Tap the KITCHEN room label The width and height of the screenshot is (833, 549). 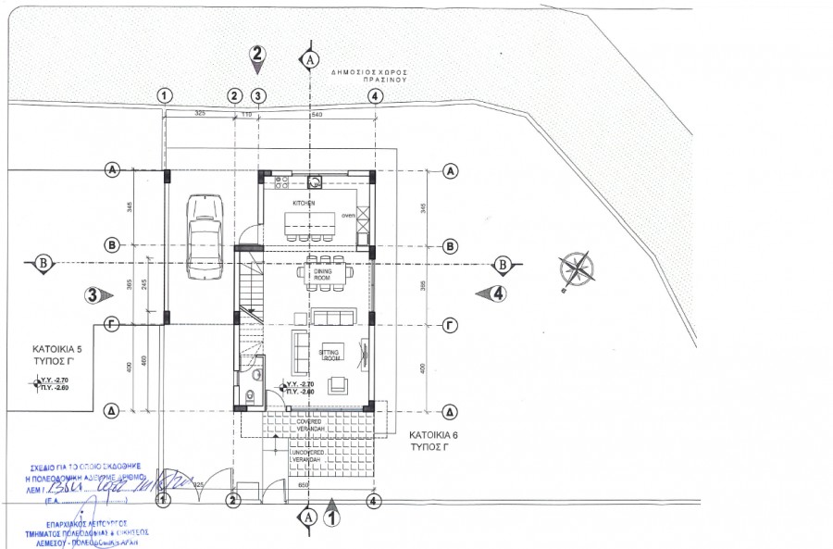click(x=305, y=203)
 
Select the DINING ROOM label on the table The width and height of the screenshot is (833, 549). click(x=321, y=274)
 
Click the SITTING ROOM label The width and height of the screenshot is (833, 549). click(x=330, y=355)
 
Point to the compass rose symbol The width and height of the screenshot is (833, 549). click(x=577, y=269)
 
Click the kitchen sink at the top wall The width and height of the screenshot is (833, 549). click(x=315, y=181)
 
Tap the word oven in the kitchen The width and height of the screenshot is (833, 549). click(x=348, y=215)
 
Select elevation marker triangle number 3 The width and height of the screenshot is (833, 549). click(x=96, y=295)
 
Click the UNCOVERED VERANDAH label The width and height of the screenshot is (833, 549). click(x=307, y=456)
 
